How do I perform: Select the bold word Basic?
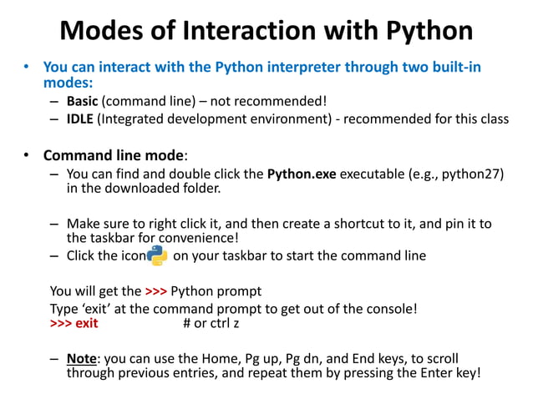pos(83,102)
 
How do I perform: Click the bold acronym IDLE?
pos(80,119)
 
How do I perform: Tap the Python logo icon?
pos(157,256)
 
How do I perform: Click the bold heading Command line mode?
pos(113,155)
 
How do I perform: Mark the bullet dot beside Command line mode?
pos(27,155)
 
